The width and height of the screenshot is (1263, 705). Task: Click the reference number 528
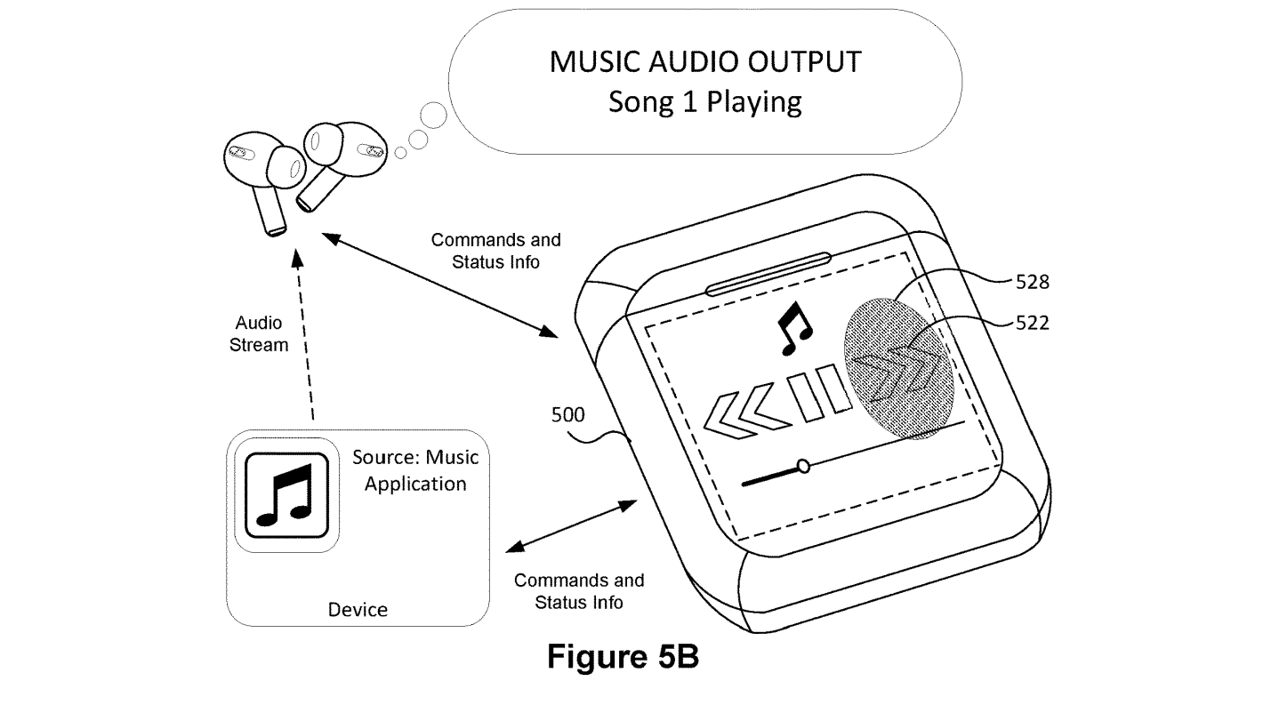pos(1033,282)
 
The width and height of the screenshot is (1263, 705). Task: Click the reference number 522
pos(1033,323)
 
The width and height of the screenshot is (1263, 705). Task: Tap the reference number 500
pos(567,415)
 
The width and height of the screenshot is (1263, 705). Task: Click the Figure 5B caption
pos(623,656)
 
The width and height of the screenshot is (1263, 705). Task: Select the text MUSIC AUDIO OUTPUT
pos(705,61)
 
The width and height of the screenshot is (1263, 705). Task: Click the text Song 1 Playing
pos(705,102)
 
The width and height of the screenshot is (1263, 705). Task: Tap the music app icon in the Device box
pos(287,495)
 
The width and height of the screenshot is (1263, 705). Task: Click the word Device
pos(358,609)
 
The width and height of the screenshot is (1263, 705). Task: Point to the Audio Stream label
pos(259,333)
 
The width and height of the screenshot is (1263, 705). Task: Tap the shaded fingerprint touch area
pos(899,369)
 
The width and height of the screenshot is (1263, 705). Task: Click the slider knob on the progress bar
pos(803,466)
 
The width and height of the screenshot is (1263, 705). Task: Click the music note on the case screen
pos(794,329)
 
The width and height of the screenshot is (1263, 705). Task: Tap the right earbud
pos(338,157)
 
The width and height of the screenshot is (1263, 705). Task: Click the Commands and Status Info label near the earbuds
pos(495,251)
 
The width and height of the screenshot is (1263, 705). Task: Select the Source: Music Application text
pos(415,470)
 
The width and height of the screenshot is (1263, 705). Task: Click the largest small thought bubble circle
pos(433,116)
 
